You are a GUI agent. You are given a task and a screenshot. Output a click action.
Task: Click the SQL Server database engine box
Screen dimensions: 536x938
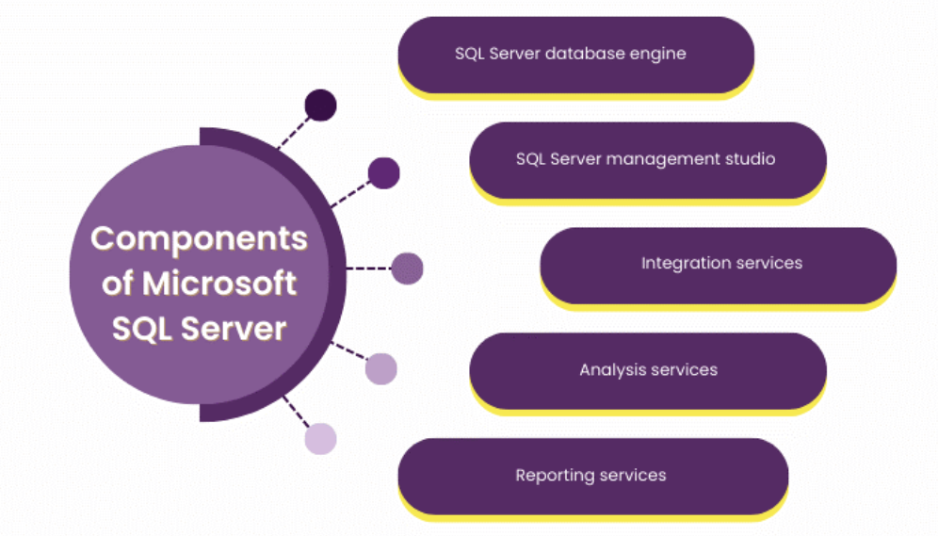(575, 54)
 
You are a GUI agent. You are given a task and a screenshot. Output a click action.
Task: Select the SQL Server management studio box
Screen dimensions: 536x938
(647, 159)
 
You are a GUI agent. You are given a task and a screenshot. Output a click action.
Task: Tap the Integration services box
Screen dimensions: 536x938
(718, 264)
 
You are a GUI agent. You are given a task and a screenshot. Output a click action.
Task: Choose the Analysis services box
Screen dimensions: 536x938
(647, 369)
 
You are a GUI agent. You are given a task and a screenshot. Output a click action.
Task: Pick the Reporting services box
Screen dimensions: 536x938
(592, 475)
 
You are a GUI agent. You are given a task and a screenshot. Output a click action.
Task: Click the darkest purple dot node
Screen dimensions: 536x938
(321, 106)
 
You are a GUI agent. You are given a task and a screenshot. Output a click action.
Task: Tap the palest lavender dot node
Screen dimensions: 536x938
(321, 439)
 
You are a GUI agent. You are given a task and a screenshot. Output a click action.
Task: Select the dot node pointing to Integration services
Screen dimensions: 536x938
(407, 268)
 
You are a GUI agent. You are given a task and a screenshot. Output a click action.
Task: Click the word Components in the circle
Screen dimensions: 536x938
(199, 238)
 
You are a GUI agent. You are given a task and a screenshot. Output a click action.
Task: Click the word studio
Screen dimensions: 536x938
(749, 159)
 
